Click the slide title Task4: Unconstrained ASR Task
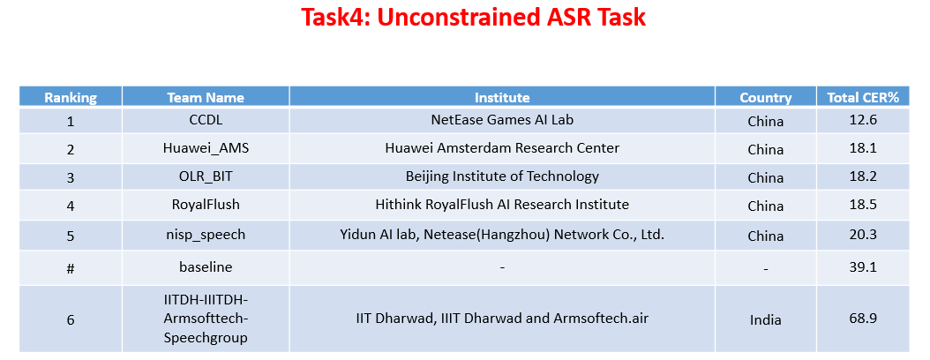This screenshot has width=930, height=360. [x=474, y=18]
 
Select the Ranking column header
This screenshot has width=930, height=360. [x=71, y=97]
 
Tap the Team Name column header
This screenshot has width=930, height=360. [x=206, y=97]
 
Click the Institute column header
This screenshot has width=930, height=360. [x=502, y=97]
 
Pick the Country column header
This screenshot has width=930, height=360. [x=765, y=97]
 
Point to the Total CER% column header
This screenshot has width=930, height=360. [x=862, y=97]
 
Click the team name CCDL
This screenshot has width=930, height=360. [x=206, y=120]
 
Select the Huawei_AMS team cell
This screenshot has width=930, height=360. [x=206, y=148]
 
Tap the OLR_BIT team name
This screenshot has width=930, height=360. [x=206, y=176]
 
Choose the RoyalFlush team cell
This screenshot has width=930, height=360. [x=206, y=205]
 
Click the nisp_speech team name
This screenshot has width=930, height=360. [x=206, y=235]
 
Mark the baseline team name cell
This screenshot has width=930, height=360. [x=206, y=266]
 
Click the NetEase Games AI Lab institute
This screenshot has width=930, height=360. [x=502, y=120]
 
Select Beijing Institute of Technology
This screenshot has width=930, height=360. [x=502, y=176]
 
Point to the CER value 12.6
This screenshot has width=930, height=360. [x=862, y=120]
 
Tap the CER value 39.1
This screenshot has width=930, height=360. [x=862, y=266]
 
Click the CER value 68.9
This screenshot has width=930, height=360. [x=862, y=318]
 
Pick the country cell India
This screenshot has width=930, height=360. [x=765, y=319]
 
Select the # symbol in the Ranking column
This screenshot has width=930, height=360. [x=71, y=267]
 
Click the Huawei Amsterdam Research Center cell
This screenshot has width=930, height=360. [x=502, y=148]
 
